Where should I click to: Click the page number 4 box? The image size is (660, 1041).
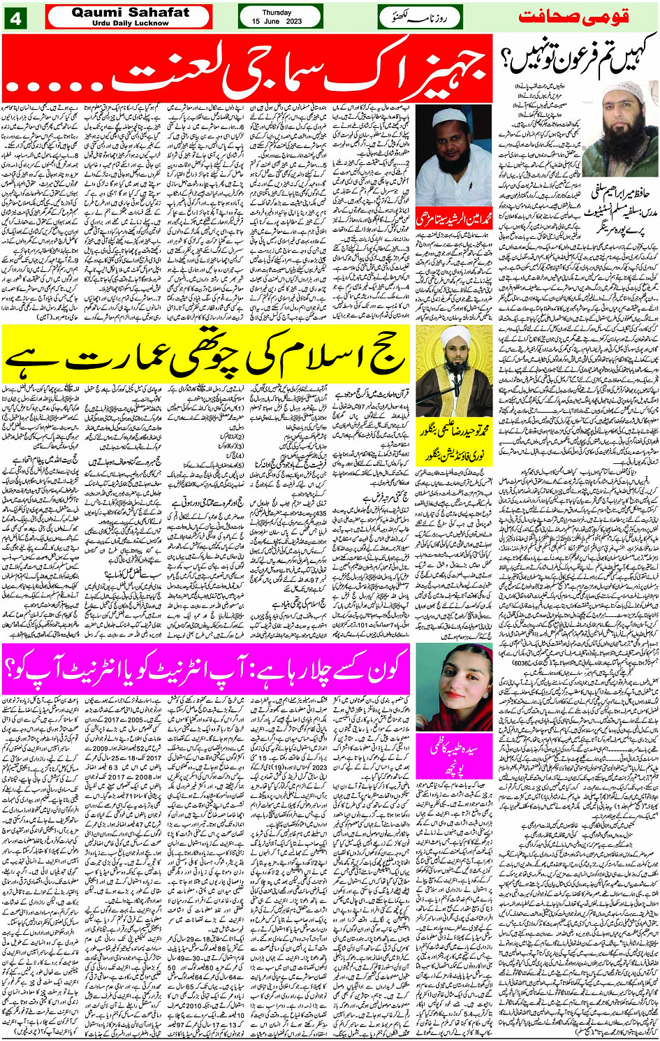[16, 17]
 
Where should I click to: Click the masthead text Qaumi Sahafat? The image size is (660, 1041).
[130, 12]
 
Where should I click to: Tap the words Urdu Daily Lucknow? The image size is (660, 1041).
[130, 23]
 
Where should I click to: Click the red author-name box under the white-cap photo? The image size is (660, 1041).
[454, 219]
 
